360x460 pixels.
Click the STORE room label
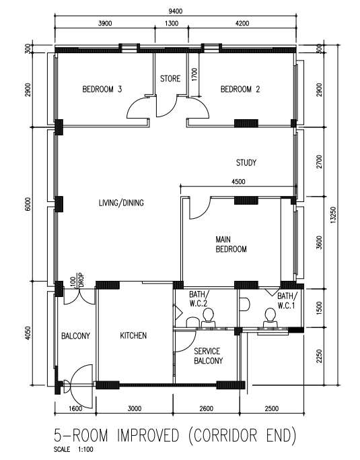pyautogui.click(x=170, y=79)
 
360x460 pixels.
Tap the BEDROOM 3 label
pyautogui.click(x=102, y=89)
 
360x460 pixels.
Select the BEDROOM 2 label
pyautogui.click(x=240, y=89)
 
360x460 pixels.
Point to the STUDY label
pyautogui.click(x=246, y=162)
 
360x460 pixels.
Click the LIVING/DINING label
pyautogui.click(x=121, y=203)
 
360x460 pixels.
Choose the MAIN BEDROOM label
pyautogui.click(x=231, y=244)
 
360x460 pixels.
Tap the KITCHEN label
pyautogui.click(x=133, y=335)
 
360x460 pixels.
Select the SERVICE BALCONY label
pyautogui.click(x=208, y=356)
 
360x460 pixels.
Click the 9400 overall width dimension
pyautogui.click(x=176, y=11)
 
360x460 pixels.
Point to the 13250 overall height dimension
pyautogui.click(x=332, y=215)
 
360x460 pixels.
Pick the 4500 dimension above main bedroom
pyautogui.click(x=238, y=182)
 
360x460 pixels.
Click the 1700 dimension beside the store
pyautogui.click(x=194, y=75)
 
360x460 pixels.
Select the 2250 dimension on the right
pyautogui.click(x=319, y=356)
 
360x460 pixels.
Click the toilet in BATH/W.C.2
pyautogui.click(x=209, y=317)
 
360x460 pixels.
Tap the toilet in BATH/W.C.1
pyautogui.click(x=270, y=317)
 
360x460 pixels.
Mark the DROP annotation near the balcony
pyautogui.click(x=81, y=280)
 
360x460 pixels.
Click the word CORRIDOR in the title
pyautogui.click(x=225, y=435)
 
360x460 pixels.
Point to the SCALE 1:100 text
pyautogui.click(x=73, y=449)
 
